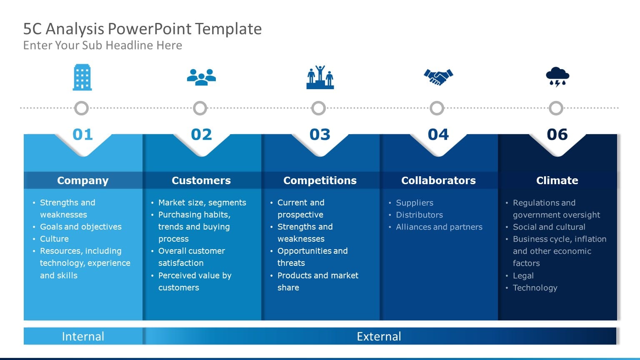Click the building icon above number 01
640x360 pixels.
82,77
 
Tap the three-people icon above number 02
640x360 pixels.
201,77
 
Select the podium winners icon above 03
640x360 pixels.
320,77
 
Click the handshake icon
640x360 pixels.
438,77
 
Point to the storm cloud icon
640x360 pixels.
557,77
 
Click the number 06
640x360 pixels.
557,135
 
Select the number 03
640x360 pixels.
320,135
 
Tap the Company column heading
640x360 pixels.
82,180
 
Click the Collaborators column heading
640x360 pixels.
438,180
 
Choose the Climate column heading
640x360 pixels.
557,180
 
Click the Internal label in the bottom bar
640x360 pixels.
83,336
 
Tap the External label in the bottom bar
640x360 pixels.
379,336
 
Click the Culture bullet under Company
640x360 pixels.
54,239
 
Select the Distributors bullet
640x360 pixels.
419,215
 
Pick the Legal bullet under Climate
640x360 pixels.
523,276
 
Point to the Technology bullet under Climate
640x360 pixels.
535,288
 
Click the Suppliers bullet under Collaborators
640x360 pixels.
415,203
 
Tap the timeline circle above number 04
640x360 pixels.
437,108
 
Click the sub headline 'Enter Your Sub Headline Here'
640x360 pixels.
102,45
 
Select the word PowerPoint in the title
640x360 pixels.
150,29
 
